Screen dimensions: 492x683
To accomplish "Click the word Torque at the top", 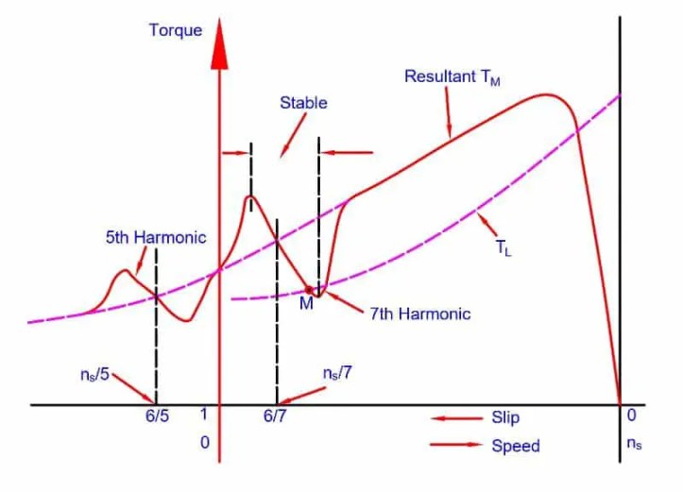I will [x=176, y=30].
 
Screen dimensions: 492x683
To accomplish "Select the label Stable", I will [x=303, y=103].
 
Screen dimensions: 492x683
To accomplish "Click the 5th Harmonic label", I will [x=155, y=237].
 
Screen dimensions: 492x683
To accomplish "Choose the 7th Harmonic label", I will [x=419, y=313].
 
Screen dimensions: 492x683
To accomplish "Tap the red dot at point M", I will [x=309, y=289].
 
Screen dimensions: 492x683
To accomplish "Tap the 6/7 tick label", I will [x=275, y=416].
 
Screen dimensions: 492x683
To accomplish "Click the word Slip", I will [x=505, y=417].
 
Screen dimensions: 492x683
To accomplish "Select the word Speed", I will [x=515, y=446].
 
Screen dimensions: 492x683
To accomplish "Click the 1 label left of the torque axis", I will [x=203, y=415].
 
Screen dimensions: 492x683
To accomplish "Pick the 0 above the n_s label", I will [x=631, y=415].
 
